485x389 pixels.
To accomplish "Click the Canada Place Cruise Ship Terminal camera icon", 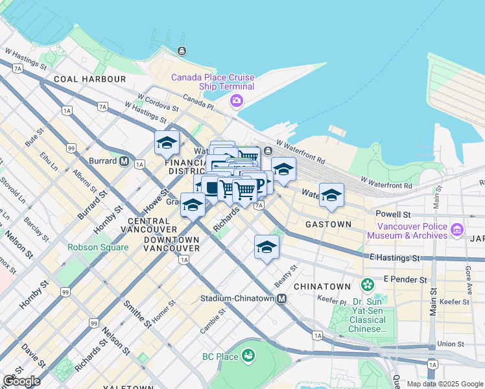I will coord(236,100).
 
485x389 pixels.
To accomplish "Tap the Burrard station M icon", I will coord(123,161).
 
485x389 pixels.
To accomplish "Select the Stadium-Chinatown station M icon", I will coord(281,299).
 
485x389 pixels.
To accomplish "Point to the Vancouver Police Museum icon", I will coord(458,230).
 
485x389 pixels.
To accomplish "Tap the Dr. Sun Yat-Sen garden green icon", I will coord(368,285).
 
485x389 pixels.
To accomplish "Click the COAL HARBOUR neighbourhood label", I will coord(90,79).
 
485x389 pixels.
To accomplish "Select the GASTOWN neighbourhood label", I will coord(328,224).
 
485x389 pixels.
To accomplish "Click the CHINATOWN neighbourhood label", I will coord(322,286).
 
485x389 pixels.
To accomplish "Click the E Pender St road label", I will coord(405,279).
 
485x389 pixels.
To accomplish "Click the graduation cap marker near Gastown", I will coord(331,195).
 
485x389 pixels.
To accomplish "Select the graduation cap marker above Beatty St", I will coord(266,247).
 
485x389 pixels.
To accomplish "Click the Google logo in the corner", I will coord(21,381).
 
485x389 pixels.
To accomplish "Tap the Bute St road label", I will coord(34,137).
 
